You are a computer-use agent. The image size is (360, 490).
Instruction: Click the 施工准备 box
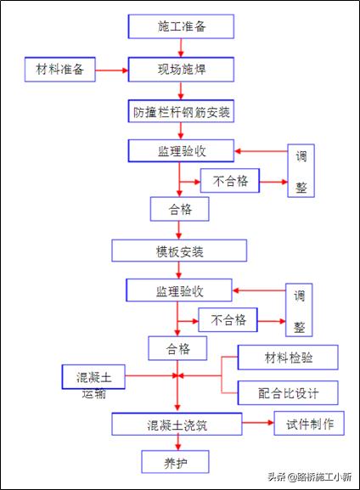[182, 26]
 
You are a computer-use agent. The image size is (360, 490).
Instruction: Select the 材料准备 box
[60, 69]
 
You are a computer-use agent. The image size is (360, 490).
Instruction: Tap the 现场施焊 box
[182, 69]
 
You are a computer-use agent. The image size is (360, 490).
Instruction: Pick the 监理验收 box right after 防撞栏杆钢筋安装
[180, 151]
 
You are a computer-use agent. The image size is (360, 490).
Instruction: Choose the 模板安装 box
[180, 251]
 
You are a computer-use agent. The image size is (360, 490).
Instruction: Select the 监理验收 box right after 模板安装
[178, 291]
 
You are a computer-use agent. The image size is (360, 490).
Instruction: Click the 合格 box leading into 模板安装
[178, 208]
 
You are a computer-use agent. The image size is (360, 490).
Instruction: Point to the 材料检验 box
[288, 358]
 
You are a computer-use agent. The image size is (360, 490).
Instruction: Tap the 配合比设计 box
[288, 392]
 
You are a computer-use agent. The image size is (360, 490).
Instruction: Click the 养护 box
[174, 461]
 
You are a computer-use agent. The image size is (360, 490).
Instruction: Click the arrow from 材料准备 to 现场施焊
[110, 69]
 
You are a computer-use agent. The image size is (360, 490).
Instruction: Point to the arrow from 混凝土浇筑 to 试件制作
[258, 421]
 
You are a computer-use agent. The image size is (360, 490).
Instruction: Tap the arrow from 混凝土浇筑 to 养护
[177, 442]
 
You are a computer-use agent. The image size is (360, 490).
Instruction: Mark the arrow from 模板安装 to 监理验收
[178, 271]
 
